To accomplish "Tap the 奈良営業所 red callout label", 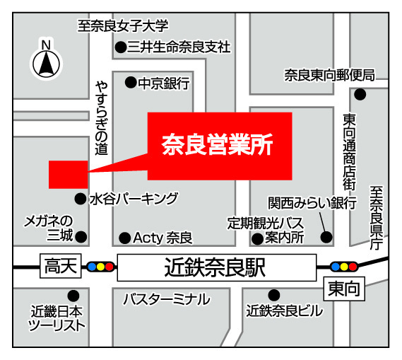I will tap(218, 145).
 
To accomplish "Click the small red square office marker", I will tap(68, 174).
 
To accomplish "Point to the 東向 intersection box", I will tap(343, 289).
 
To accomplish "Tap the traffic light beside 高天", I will tap(100, 267).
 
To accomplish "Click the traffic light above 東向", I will tap(343, 267).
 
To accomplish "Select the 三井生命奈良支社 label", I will tap(178, 48).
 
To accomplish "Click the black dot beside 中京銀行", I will tap(131, 83).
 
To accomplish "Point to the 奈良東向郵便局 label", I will tap(329, 74).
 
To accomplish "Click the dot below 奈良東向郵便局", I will tap(361, 94).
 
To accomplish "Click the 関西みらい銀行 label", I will tap(312, 204).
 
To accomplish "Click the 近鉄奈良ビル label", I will tap(285, 310).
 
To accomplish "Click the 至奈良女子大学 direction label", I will tap(124, 27).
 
